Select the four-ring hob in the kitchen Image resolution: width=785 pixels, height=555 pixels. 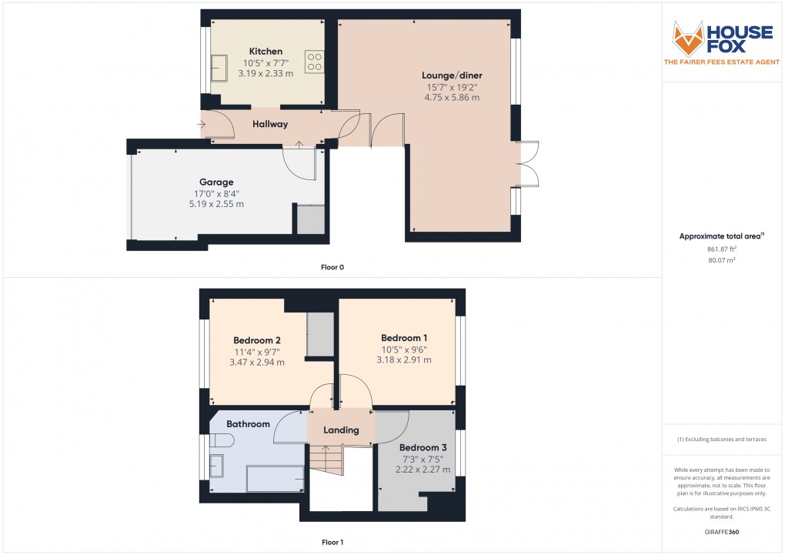pos(314,61)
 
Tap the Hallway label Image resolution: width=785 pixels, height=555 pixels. pos(270,124)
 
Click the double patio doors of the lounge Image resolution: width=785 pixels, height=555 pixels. pos(529,163)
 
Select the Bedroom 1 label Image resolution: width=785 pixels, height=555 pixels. pos(404,338)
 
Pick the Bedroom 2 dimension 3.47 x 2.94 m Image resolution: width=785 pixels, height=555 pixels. pos(257,362)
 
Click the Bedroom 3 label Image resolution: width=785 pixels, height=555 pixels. pos(423,447)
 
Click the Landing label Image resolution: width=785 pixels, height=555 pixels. pos(341,430)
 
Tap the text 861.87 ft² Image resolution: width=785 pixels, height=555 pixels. pos(722,249)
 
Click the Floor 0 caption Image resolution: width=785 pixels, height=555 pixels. pos(332,267)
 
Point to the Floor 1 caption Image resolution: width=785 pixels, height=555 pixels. pos(332,543)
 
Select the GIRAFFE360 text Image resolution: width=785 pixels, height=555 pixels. pos(722,532)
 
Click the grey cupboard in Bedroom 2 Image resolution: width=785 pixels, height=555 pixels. pos(320,334)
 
